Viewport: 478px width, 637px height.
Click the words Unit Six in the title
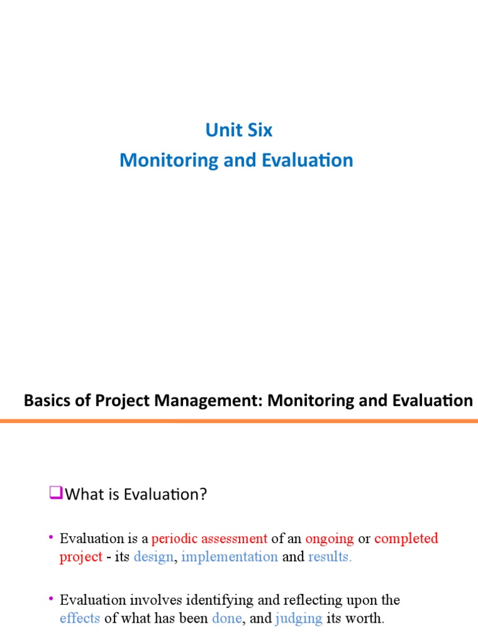pyautogui.click(x=239, y=131)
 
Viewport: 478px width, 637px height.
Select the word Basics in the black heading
pyautogui.click(x=44, y=401)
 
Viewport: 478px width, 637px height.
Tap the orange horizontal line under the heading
pyautogui.click(x=239, y=421)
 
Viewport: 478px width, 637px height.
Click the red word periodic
pyautogui.click(x=174, y=538)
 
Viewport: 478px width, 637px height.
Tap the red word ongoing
pyautogui.click(x=329, y=538)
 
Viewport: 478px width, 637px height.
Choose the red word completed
pyautogui.click(x=406, y=538)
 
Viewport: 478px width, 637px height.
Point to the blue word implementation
pyautogui.click(x=230, y=557)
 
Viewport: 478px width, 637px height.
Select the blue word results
pyautogui.click(x=330, y=557)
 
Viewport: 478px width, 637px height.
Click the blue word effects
pyautogui.click(x=80, y=619)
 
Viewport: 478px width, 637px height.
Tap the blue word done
pyautogui.click(x=227, y=619)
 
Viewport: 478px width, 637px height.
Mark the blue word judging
pyautogui.click(x=299, y=619)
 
